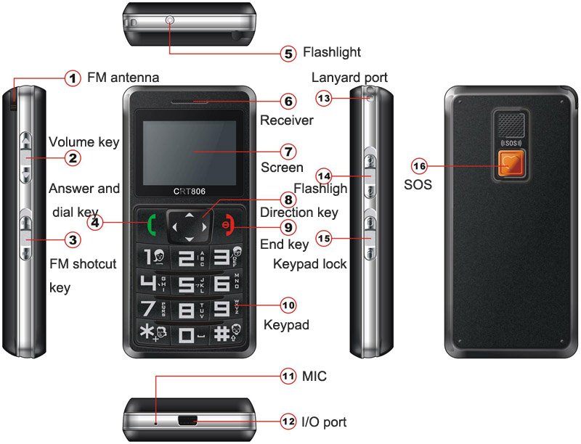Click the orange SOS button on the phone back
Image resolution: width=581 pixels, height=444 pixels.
(x=511, y=164)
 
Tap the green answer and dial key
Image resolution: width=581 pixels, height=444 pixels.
(x=152, y=225)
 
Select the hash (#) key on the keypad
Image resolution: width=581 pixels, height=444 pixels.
(x=227, y=333)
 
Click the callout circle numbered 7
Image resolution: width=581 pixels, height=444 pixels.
(x=288, y=152)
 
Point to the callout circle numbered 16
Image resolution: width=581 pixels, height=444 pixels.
(x=420, y=166)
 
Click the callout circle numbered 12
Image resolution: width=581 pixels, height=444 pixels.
(x=288, y=422)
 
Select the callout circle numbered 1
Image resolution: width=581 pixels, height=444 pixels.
(x=73, y=78)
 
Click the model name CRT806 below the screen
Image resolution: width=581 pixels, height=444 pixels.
(x=190, y=192)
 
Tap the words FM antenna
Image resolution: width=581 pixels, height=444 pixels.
(x=123, y=78)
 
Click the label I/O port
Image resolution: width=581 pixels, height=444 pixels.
(x=324, y=422)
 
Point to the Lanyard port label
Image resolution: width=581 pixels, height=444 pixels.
(x=349, y=78)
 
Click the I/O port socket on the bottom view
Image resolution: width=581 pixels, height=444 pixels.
(x=187, y=421)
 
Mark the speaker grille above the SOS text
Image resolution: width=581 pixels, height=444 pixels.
(x=511, y=126)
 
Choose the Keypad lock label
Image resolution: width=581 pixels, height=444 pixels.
(x=310, y=264)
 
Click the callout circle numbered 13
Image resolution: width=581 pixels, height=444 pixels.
(x=324, y=99)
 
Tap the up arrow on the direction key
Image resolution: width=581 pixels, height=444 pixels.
(x=190, y=215)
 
